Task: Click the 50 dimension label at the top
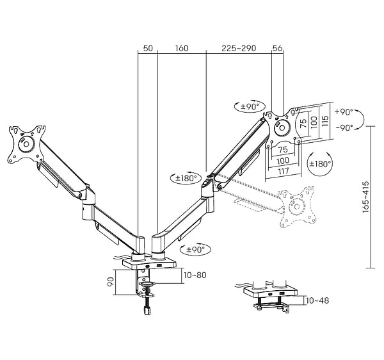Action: [148, 48]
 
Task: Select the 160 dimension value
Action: [182, 48]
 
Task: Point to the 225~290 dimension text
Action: [239, 48]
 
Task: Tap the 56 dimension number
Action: [278, 48]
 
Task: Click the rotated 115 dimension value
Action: [325, 121]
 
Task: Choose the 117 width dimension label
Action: [284, 171]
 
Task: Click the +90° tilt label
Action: [344, 112]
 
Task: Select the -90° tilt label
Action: [344, 127]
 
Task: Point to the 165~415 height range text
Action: [365, 197]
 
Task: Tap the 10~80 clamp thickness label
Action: [195, 275]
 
